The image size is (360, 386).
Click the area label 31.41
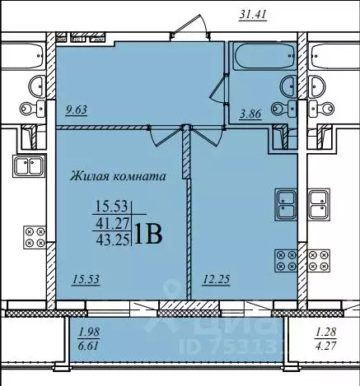pyautogui.click(x=253, y=15)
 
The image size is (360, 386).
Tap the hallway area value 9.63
pyautogui.click(x=76, y=110)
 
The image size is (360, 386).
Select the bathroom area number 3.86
pyautogui.click(x=250, y=114)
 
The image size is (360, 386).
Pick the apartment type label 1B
pyautogui.click(x=148, y=235)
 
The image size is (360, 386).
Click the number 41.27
pyautogui.click(x=113, y=225)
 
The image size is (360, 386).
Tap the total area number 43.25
pyautogui.click(x=113, y=240)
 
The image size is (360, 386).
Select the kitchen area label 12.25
pyautogui.click(x=216, y=280)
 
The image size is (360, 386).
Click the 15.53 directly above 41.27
pyautogui.click(x=111, y=207)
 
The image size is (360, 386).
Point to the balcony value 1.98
pyautogui.click(x=89, y=333)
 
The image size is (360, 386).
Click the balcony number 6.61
pyautogui.click(x=88, y=346)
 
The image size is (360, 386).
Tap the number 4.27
pyautogui.click(x=325, y=346)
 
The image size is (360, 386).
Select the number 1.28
pyautogui.click(x=325, y=333)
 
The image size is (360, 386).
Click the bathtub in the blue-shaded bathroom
pyautogui.click(x=264, y=56)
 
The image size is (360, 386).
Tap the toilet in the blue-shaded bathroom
pyautogui.click(x=283, y=109)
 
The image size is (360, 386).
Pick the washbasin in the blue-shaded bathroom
pyautogui.click(x=288, y=86)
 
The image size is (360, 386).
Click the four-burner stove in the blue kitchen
pyautogui.click(x=286, y=261)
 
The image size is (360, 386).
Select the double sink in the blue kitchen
pyautogui.click(x=286, y=204)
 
